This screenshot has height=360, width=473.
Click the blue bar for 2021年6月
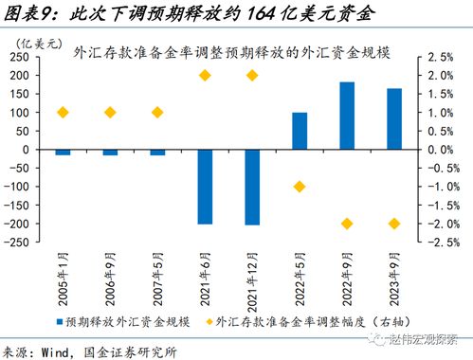click(205, 187)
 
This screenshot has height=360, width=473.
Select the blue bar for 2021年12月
click(252, 188)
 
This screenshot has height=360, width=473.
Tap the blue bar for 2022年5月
click(300, 131)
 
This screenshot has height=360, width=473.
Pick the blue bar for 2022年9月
click(347, 116)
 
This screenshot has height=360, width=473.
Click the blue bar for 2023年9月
click(394, 119)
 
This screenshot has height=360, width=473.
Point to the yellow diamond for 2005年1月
click(63, 113)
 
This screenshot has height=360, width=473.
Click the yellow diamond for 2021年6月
click(205, 75)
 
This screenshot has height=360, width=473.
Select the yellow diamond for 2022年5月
click(300, 187)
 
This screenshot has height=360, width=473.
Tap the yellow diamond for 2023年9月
click(394, 224)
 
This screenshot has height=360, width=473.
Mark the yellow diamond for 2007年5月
click(157, 113)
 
